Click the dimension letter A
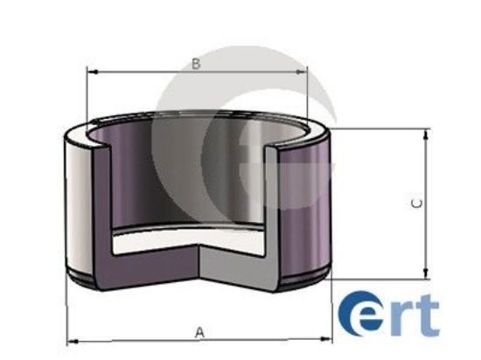(199, 332)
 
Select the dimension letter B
(197, 64)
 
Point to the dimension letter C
(417, 203)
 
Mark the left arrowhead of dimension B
(91, 73)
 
